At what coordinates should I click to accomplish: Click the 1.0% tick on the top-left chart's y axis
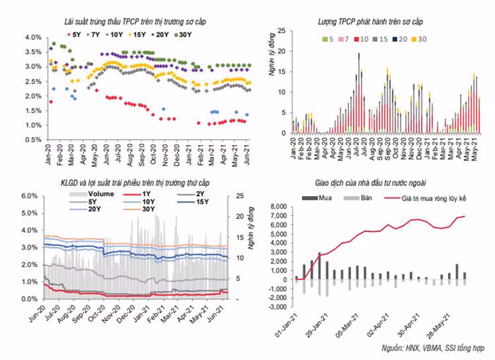[x=33, y=125]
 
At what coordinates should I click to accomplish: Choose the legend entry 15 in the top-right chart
[x=384, y=39]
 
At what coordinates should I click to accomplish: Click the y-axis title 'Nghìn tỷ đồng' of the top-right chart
[x=271, y=77]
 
